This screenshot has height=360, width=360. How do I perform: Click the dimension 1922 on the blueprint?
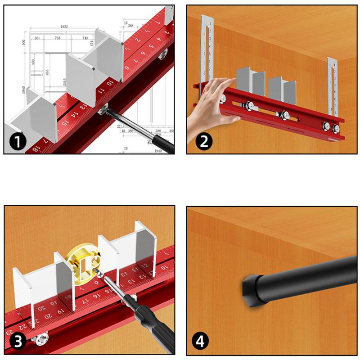coord(64,27)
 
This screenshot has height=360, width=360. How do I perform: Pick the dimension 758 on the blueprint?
coord(58,38)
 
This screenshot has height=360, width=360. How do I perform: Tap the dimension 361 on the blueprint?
coord(37,38)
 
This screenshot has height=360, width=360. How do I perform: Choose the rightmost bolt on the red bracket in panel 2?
coord(336,130)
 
